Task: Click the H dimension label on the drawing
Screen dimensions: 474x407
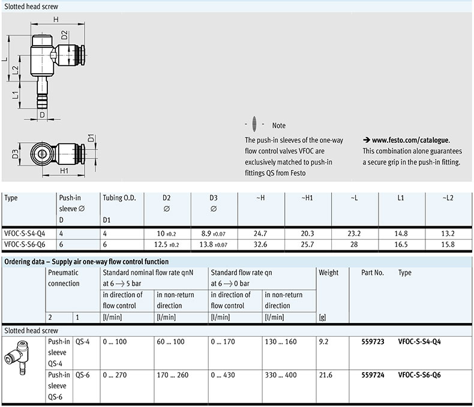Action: pos(56,19)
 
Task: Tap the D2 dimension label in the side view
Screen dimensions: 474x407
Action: pos(64,35)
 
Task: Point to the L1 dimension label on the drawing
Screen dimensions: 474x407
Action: pos(15,95)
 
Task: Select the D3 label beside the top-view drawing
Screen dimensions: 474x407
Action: pos(15,154)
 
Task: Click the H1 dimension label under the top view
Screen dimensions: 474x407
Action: pos(64,171)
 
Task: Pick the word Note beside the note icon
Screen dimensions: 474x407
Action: pos(279,125)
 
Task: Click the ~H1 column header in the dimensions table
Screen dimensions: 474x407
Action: pos(307,197)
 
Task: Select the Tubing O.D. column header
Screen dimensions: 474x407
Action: pos(119,197)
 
